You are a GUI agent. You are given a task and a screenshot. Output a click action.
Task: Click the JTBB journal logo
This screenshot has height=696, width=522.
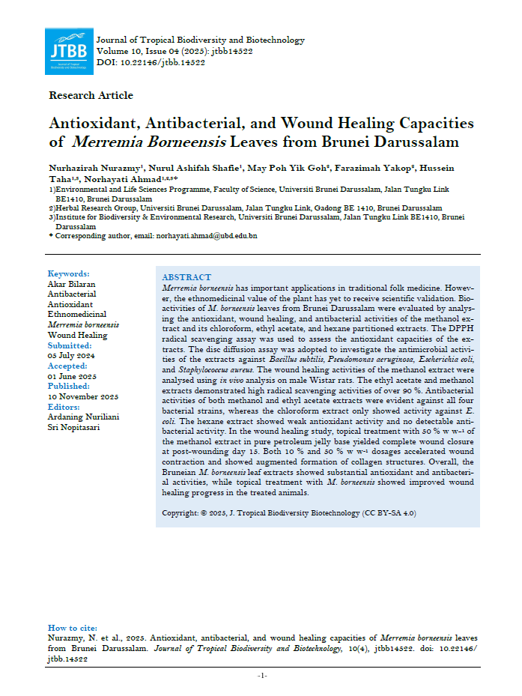tap(68, 52)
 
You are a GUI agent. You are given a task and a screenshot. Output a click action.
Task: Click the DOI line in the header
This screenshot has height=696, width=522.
tap(151, 62)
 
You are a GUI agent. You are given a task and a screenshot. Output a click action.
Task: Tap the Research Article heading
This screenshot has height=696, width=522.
tap(91, 95)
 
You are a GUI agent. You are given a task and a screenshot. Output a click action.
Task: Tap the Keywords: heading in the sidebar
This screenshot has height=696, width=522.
tap(68, 273)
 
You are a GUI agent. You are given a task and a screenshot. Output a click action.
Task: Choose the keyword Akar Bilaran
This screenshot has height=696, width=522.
tap(72, 284)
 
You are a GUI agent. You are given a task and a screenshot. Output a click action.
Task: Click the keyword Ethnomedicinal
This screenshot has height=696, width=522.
tap(77, 315)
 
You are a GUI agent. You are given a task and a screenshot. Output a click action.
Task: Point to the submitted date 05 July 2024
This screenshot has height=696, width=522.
tap(73, 356)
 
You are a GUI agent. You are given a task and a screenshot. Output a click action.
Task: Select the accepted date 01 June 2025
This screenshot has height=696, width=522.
tap(73, 376)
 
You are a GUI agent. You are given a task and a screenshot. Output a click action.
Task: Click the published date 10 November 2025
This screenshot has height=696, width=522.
tap(83, 396)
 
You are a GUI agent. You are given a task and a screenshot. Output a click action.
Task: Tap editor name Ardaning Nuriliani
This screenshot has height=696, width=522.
tap(83, 417)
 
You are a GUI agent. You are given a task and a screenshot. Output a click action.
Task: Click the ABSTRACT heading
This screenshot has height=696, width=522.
tap(186, 277)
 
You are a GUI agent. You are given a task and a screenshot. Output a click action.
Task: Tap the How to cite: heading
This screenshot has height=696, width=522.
tap(74, 628)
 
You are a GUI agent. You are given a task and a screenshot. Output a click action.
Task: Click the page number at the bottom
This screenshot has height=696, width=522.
tap(262, 676)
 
